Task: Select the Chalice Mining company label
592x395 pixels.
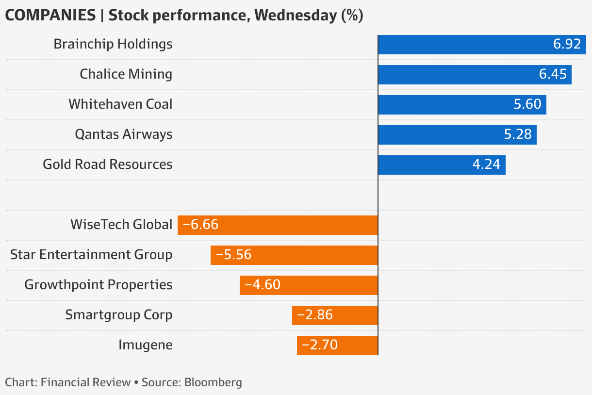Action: (x=126, y=74)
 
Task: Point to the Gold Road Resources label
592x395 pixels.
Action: (x=107, y=165)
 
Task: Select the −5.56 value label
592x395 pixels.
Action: (x=233, y=255)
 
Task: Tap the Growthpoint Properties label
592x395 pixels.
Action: (x=98, y=285)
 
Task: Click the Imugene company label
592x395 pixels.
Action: (x=145, y=345)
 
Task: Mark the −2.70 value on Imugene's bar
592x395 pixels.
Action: (x=319, y=345)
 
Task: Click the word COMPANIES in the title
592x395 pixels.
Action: (x=50, y=16)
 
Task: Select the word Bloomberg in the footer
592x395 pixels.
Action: (x=213, y=382)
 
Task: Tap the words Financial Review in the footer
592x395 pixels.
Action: (x=86, y=382)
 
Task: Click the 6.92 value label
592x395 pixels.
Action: (x=567, y=45)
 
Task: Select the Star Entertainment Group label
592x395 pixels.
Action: (x=91, y=255)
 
